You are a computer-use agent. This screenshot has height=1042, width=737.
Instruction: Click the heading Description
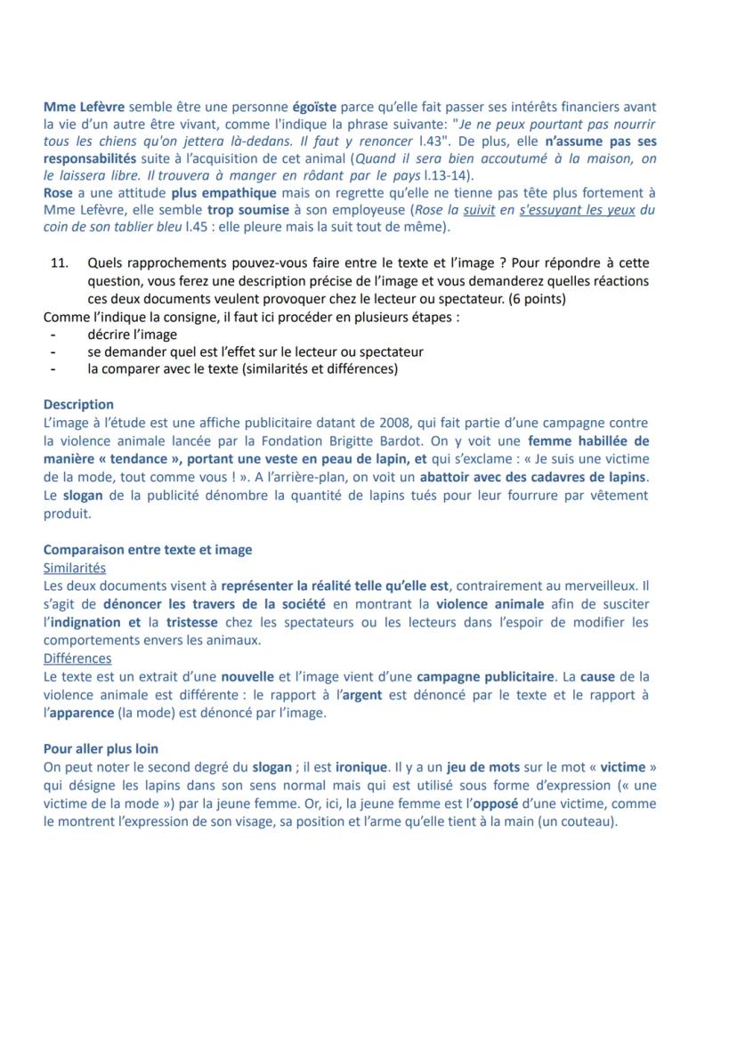click(x=78, y=404)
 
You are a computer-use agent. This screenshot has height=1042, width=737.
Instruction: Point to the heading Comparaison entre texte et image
click(x=147, y=549)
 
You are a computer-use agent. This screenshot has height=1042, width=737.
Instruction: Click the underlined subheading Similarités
click(x=75, y=567)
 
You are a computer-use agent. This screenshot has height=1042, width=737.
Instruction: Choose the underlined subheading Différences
click(x=77, y=658)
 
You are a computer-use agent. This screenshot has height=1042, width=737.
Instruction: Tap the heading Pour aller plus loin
click(x=101, y=748)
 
